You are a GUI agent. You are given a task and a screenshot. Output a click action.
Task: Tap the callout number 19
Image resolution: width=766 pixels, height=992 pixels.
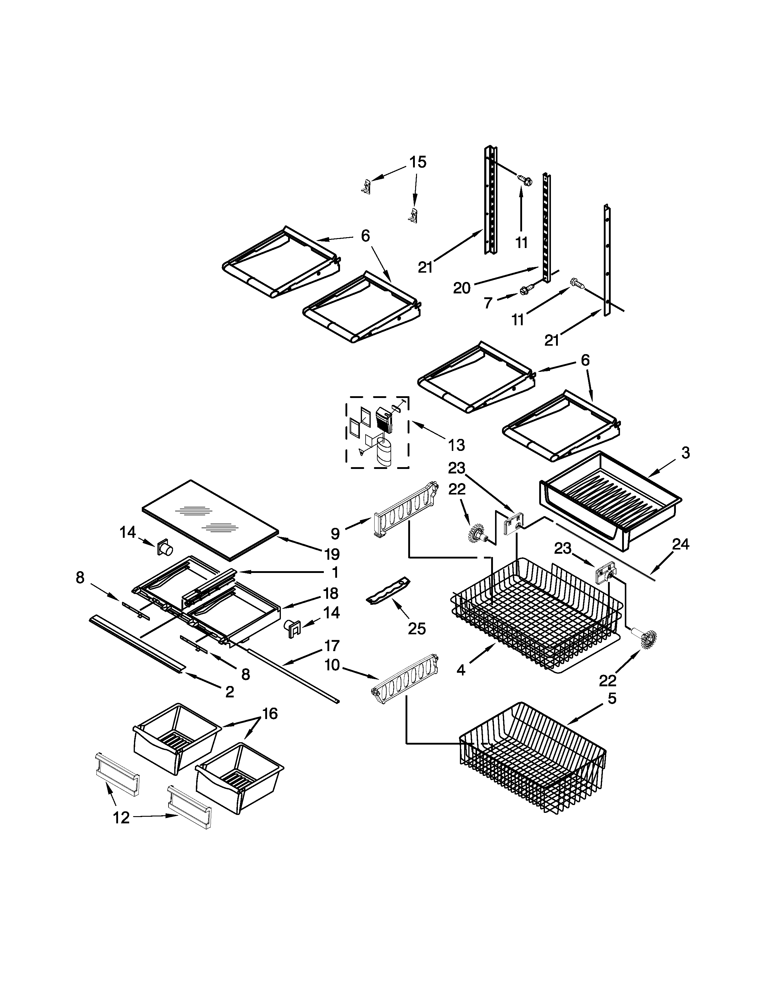332,554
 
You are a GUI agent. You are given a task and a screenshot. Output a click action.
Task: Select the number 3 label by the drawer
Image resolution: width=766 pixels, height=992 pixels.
685,452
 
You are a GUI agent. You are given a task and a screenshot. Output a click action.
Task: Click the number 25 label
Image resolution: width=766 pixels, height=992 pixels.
417,629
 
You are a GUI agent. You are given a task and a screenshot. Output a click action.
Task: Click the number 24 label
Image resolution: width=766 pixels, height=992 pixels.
681,544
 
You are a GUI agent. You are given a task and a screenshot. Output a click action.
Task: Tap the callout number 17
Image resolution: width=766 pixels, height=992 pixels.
332,645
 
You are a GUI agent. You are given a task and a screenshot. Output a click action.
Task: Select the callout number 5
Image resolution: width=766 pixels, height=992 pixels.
612,699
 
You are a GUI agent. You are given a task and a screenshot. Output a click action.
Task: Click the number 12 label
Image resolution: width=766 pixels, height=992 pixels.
121,818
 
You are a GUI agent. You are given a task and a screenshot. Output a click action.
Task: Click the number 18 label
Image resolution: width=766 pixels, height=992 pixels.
331,593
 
